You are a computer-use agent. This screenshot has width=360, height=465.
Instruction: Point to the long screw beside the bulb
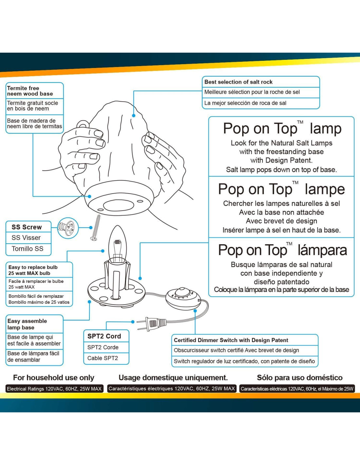coord(96,228)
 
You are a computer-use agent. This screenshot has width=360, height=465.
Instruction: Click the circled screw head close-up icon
coord(68,228)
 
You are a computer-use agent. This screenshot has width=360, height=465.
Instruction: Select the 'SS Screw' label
coord(27,227)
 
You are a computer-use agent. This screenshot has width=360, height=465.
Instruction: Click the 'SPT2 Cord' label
coord(104,336)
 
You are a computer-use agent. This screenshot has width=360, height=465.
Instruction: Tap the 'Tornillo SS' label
coord(27,249)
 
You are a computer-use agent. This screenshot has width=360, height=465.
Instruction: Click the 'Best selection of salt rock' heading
coord(238,82)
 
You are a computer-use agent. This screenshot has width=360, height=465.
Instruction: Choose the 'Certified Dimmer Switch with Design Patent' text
coord(231,340)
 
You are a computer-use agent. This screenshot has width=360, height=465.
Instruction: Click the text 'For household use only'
coord(54,378)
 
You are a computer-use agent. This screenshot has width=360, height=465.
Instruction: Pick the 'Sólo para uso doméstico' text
coord(299,378)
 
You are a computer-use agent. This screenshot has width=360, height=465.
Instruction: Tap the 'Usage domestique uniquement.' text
coord(173,378)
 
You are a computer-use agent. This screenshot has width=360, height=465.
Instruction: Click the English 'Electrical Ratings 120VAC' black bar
coord(54,389)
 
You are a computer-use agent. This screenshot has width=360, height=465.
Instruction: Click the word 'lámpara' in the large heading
coord(322,250)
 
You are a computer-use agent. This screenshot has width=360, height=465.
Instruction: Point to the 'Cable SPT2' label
coord(102,358)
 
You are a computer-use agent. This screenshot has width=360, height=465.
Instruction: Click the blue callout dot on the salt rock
coord(134,115)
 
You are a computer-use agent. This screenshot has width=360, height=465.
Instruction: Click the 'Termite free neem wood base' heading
coord(30,91)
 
